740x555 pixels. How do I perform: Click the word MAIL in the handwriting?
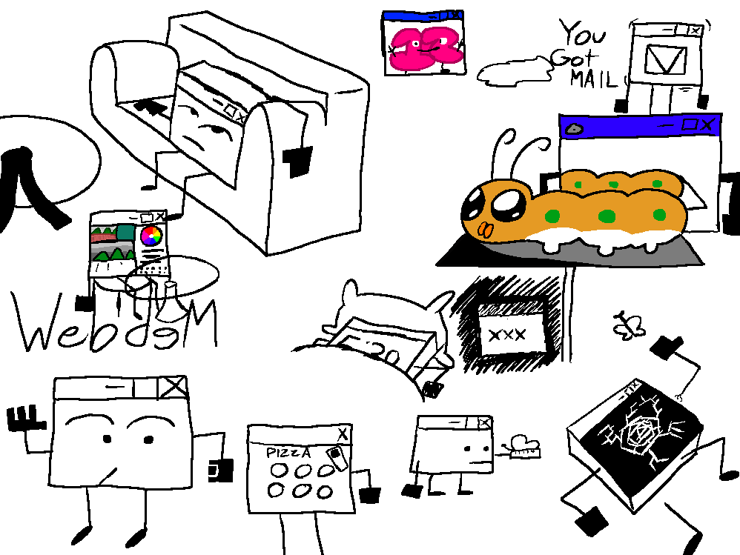tap(593, 79)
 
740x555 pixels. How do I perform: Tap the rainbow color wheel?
tap(151, 236)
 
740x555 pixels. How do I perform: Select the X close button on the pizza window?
tap(342, 434)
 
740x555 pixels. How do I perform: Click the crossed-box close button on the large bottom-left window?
tap(174, 386)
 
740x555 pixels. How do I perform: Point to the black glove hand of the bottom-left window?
tap(22, 419)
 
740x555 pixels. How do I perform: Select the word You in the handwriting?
tap(582, 34)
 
